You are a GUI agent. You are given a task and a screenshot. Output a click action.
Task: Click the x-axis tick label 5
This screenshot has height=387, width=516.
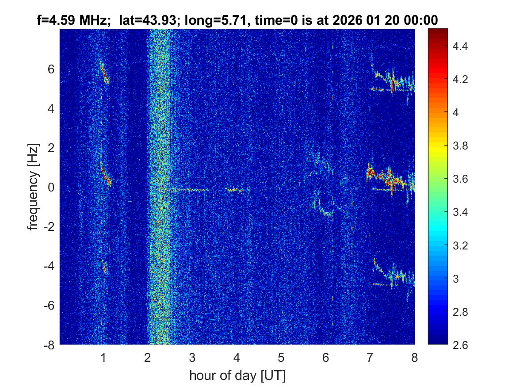(x=281, y=358)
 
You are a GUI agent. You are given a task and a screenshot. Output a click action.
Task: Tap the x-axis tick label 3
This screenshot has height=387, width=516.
(x=192, y=358)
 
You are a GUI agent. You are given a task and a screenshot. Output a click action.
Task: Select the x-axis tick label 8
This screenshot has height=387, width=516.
(x=414, y=358)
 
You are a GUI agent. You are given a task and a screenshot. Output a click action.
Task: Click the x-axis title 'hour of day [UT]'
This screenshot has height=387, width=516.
(x=237, y=376)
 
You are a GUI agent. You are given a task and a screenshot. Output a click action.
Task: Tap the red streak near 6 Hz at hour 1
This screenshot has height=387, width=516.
(x=105, y=73)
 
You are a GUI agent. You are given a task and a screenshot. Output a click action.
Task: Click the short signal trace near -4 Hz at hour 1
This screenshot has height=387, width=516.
(x=105, y=266)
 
